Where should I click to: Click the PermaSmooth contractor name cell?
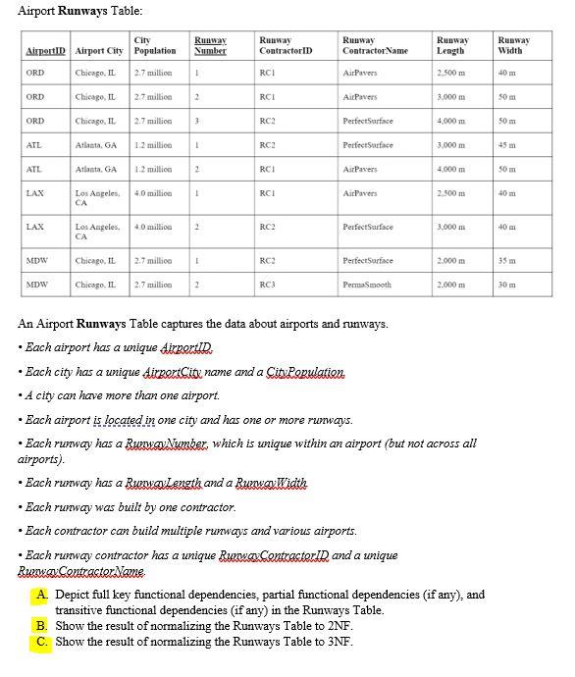pos(369,286)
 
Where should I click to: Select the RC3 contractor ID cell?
pos(266,286)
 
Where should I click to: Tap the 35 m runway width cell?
pos(506,260)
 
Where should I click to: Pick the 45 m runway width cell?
pos(506,144)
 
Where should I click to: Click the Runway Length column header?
pos(452,45)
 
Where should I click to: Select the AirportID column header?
pos(44,50)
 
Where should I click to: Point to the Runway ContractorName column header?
pos(375,45)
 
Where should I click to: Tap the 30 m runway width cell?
pos(506,286)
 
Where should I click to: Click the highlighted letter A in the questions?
pos(42,595)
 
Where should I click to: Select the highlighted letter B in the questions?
pos(42,626)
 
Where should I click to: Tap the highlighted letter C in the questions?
pos(42,642)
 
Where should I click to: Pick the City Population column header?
pos(154,45)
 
